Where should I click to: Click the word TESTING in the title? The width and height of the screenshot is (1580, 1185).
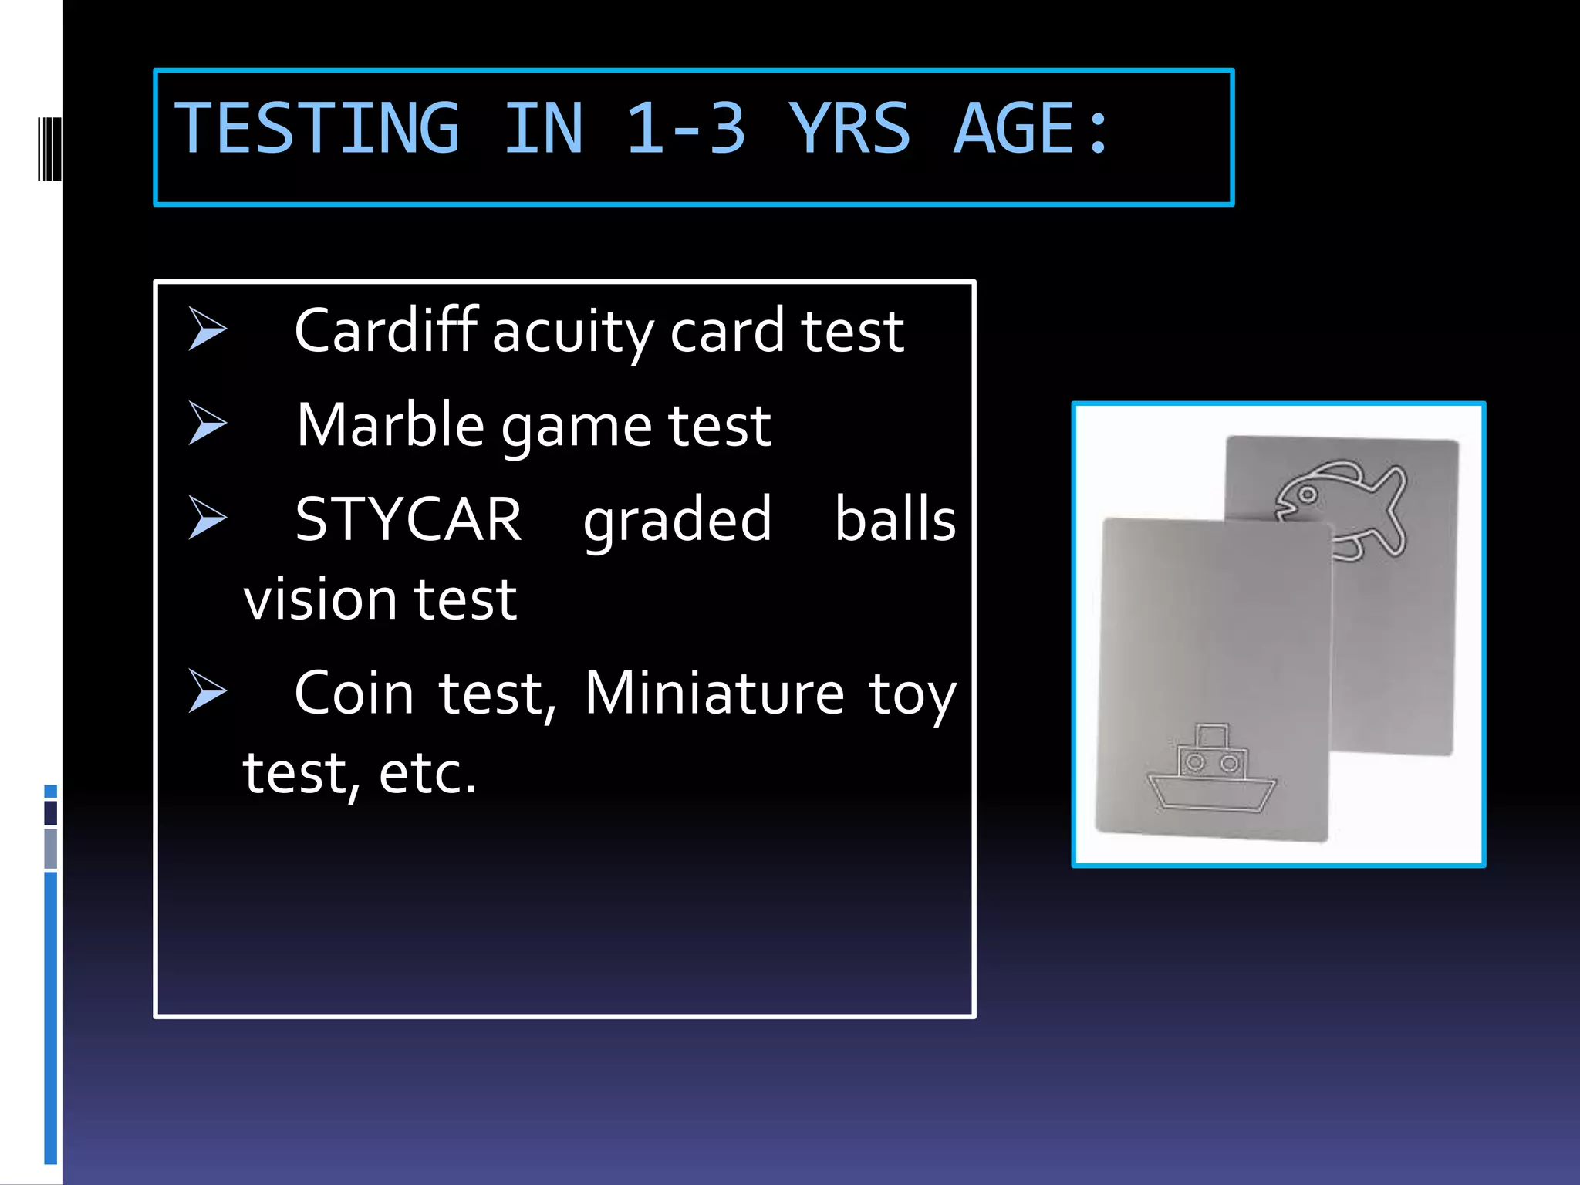tap(317, 129)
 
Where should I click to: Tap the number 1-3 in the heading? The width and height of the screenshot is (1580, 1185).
tap(685, 129)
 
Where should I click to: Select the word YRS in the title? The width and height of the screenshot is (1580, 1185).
tap(849, 129)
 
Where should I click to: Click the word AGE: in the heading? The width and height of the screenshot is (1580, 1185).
tap(1031, 129)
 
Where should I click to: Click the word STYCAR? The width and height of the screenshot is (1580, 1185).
tap(408, 519)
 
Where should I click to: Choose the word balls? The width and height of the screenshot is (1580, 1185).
tap(895, 519)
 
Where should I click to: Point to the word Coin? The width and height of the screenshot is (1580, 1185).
tap(354, 693)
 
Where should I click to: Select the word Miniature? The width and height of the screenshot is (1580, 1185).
tap(714, 693)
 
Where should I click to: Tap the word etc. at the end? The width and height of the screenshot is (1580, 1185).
tap(427, 773)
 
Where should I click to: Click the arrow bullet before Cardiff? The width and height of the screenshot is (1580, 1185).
tap(207, 329)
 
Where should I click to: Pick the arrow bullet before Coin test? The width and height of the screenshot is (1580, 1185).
tap(207, 690)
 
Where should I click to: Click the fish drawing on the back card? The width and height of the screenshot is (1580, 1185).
tap(1343, 509)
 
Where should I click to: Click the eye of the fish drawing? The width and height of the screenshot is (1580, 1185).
tap(1308, 495)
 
